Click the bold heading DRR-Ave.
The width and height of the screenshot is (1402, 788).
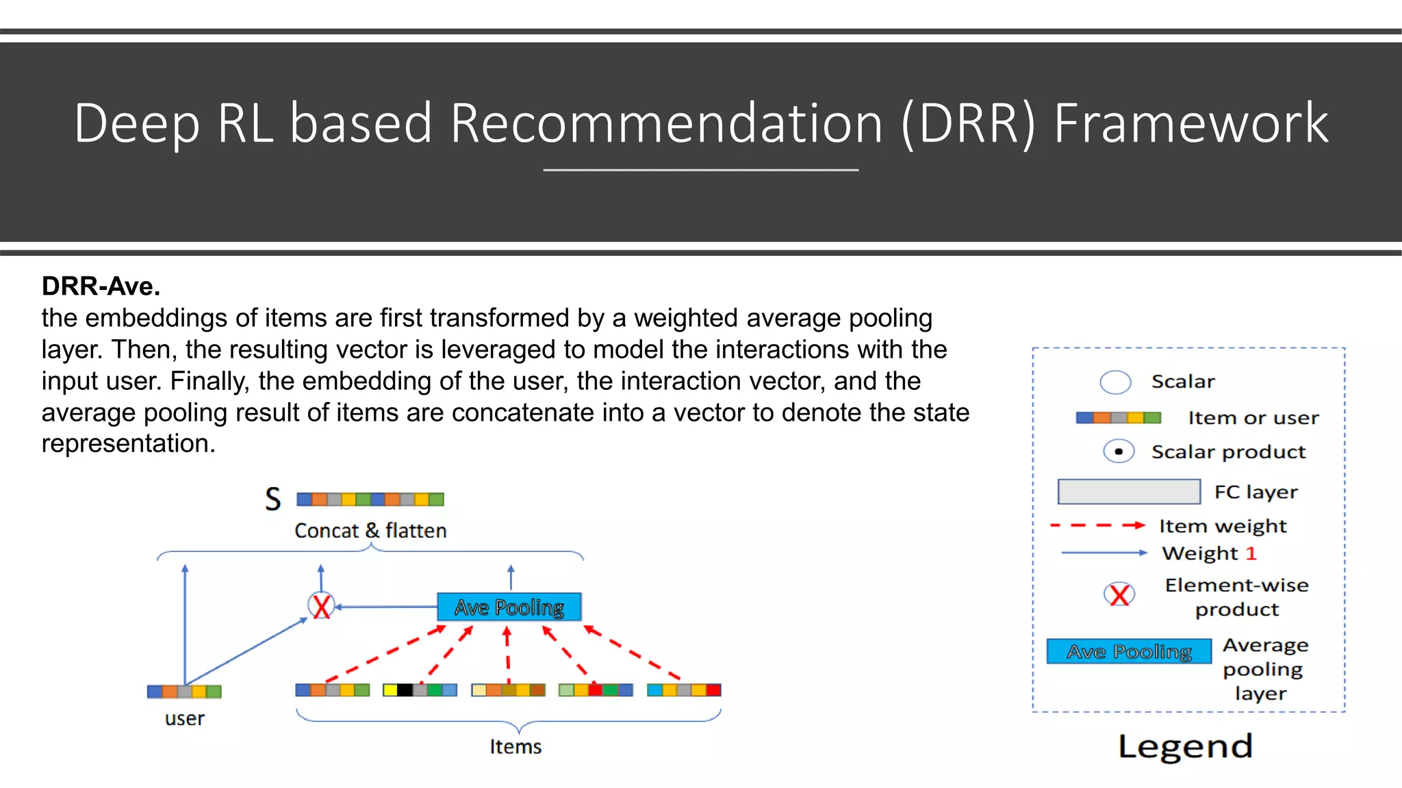[x=101, y=286]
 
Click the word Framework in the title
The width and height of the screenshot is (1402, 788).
[x=1190, y=123]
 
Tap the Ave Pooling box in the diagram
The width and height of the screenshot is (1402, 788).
[x=509, y=607]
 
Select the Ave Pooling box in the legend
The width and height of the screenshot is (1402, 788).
[x=1129, y=651]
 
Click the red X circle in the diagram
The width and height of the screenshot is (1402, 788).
[x=321, y=605]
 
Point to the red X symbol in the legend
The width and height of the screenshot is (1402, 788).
[x=1119, y=594]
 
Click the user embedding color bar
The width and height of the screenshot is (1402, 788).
[x=184, y=692]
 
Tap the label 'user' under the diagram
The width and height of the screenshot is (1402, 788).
[x=184, y=719]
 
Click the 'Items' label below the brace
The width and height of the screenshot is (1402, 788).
[x=515, y=747]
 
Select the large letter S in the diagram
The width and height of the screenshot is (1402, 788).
[x=273, y=499]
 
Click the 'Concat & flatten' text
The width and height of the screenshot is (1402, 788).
[x=370, y=531]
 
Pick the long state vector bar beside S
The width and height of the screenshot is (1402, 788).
[x=370, y=499]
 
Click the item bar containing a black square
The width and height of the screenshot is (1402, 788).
[x=420, y=690]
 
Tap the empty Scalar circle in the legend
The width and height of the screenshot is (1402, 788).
[x=1115, y=382]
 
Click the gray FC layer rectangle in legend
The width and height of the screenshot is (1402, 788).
[x=1129, y=491]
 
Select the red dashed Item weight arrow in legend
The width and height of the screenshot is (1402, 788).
[x=1097, y=525]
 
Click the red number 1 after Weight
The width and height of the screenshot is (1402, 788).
[x=1251, y=553]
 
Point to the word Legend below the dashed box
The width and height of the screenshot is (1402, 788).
[x=1185, y=746]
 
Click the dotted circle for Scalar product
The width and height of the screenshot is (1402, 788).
[x=1119, y=451]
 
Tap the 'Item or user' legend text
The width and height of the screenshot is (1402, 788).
[x=1253, y=418]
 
